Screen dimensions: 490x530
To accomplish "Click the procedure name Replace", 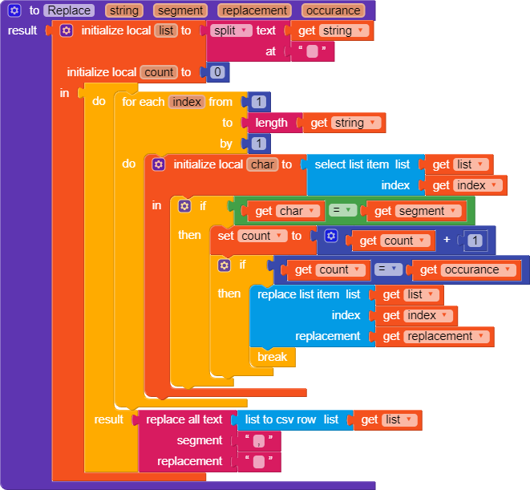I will [x=69, y=10].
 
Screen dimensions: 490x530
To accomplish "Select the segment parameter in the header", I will [x=180, y=10].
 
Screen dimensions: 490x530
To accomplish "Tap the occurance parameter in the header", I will [x=333, y=10].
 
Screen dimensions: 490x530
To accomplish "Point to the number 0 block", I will [x=217, y=72].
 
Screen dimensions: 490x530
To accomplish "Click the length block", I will [x=271, y=123].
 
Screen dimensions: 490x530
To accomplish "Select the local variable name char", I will [x=262, y=164].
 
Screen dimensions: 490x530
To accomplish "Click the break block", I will [x=272, y=357].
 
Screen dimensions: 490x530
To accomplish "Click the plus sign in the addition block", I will [x=447, y=240].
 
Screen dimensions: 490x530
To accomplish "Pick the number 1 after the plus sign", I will [x=475, y=241].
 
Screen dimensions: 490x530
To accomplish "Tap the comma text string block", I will [x=257, y=441].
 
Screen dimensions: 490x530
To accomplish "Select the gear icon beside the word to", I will [x=14, y=10].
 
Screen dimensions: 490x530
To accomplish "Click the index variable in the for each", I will [x=187, y=102].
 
